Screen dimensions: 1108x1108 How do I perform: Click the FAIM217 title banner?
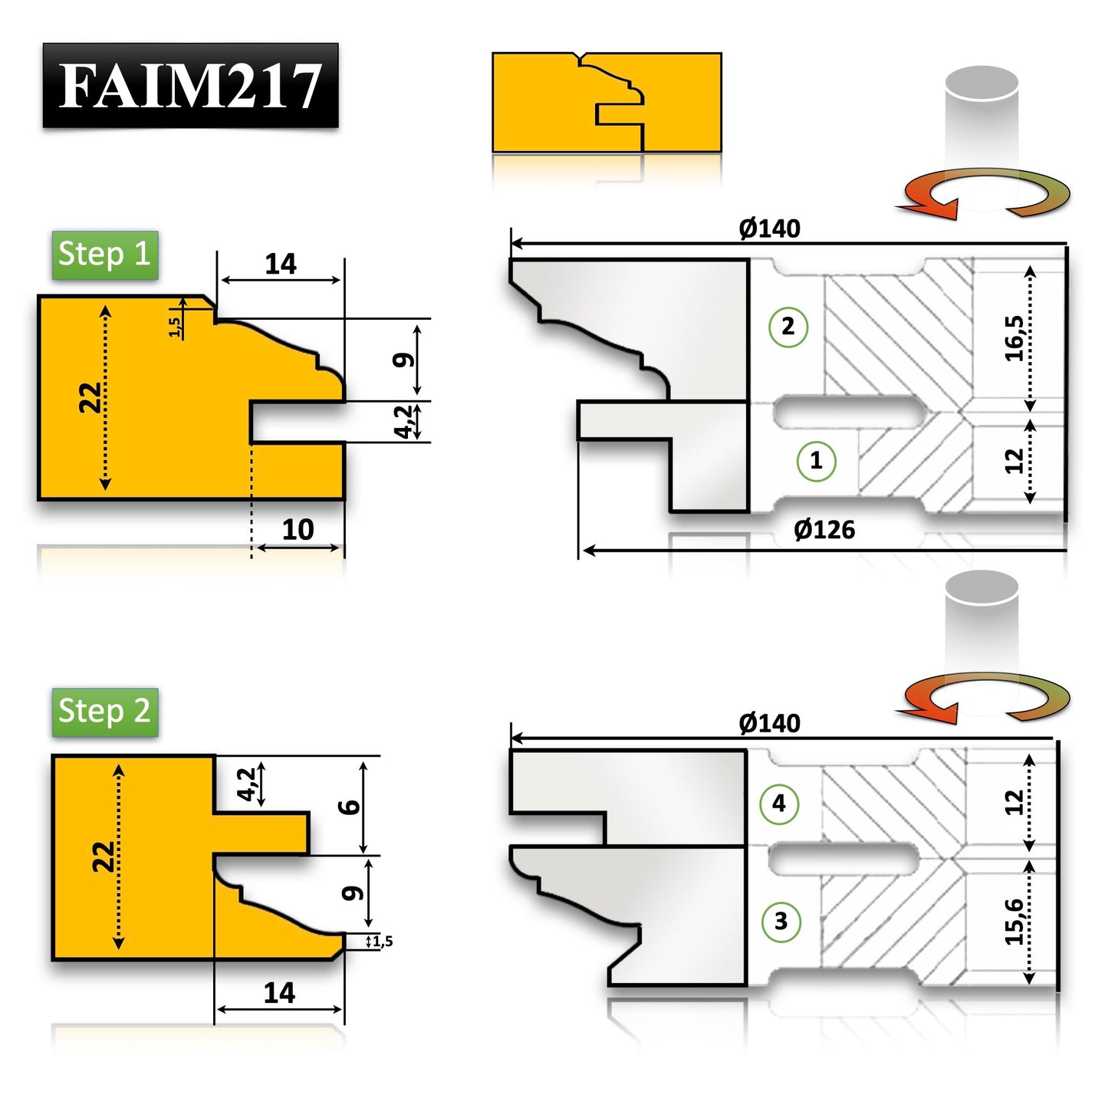click(x=190, y=85)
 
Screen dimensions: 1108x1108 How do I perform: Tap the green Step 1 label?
click(x=105, y=255)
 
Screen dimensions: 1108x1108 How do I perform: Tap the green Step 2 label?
click(x=105, y=712)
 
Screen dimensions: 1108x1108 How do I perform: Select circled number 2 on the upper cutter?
click(x=787, y=327)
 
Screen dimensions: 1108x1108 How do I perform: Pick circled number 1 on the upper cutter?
click(x=816, y=461)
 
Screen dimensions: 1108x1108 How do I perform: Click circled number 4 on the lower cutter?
click(x=779, y=804)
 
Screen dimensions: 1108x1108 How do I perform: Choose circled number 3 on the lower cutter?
click(x=781, y=921)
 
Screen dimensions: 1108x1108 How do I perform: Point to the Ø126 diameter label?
click(x=824, y=530)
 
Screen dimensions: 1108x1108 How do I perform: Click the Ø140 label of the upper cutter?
click(x=769, y=229)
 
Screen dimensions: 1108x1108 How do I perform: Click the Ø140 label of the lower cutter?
click(x=769, y=723)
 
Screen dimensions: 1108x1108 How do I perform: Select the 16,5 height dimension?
click(x=1014, y=337)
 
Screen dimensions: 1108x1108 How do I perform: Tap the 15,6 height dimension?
click(x=1014, y=921)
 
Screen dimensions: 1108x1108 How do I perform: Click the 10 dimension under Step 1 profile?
click(x=298, y=530)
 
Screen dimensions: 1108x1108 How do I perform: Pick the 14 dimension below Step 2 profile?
click(x=279, y=993)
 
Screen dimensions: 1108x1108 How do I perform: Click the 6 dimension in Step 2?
click(x=350, y=807)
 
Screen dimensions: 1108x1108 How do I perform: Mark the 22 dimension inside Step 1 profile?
click(x=90, y=397)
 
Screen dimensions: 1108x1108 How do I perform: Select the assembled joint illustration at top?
click(x=607, y=102)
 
